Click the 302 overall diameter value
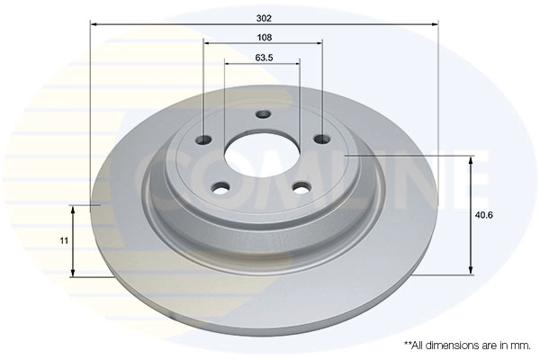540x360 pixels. tap(264, 18)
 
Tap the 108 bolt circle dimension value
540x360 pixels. tap(264, 37)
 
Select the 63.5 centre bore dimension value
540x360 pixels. tap(264, 58)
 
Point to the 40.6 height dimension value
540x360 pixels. tap(484, 215)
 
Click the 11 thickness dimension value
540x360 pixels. tap(64, 240)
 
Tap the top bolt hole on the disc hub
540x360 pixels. tap(264, 113)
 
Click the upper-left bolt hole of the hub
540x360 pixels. tap(203, 139)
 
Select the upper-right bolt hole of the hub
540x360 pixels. tap(322, 139)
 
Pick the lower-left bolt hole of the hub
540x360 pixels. tap(220, 188)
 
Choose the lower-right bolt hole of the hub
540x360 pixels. tap(301, 188)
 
